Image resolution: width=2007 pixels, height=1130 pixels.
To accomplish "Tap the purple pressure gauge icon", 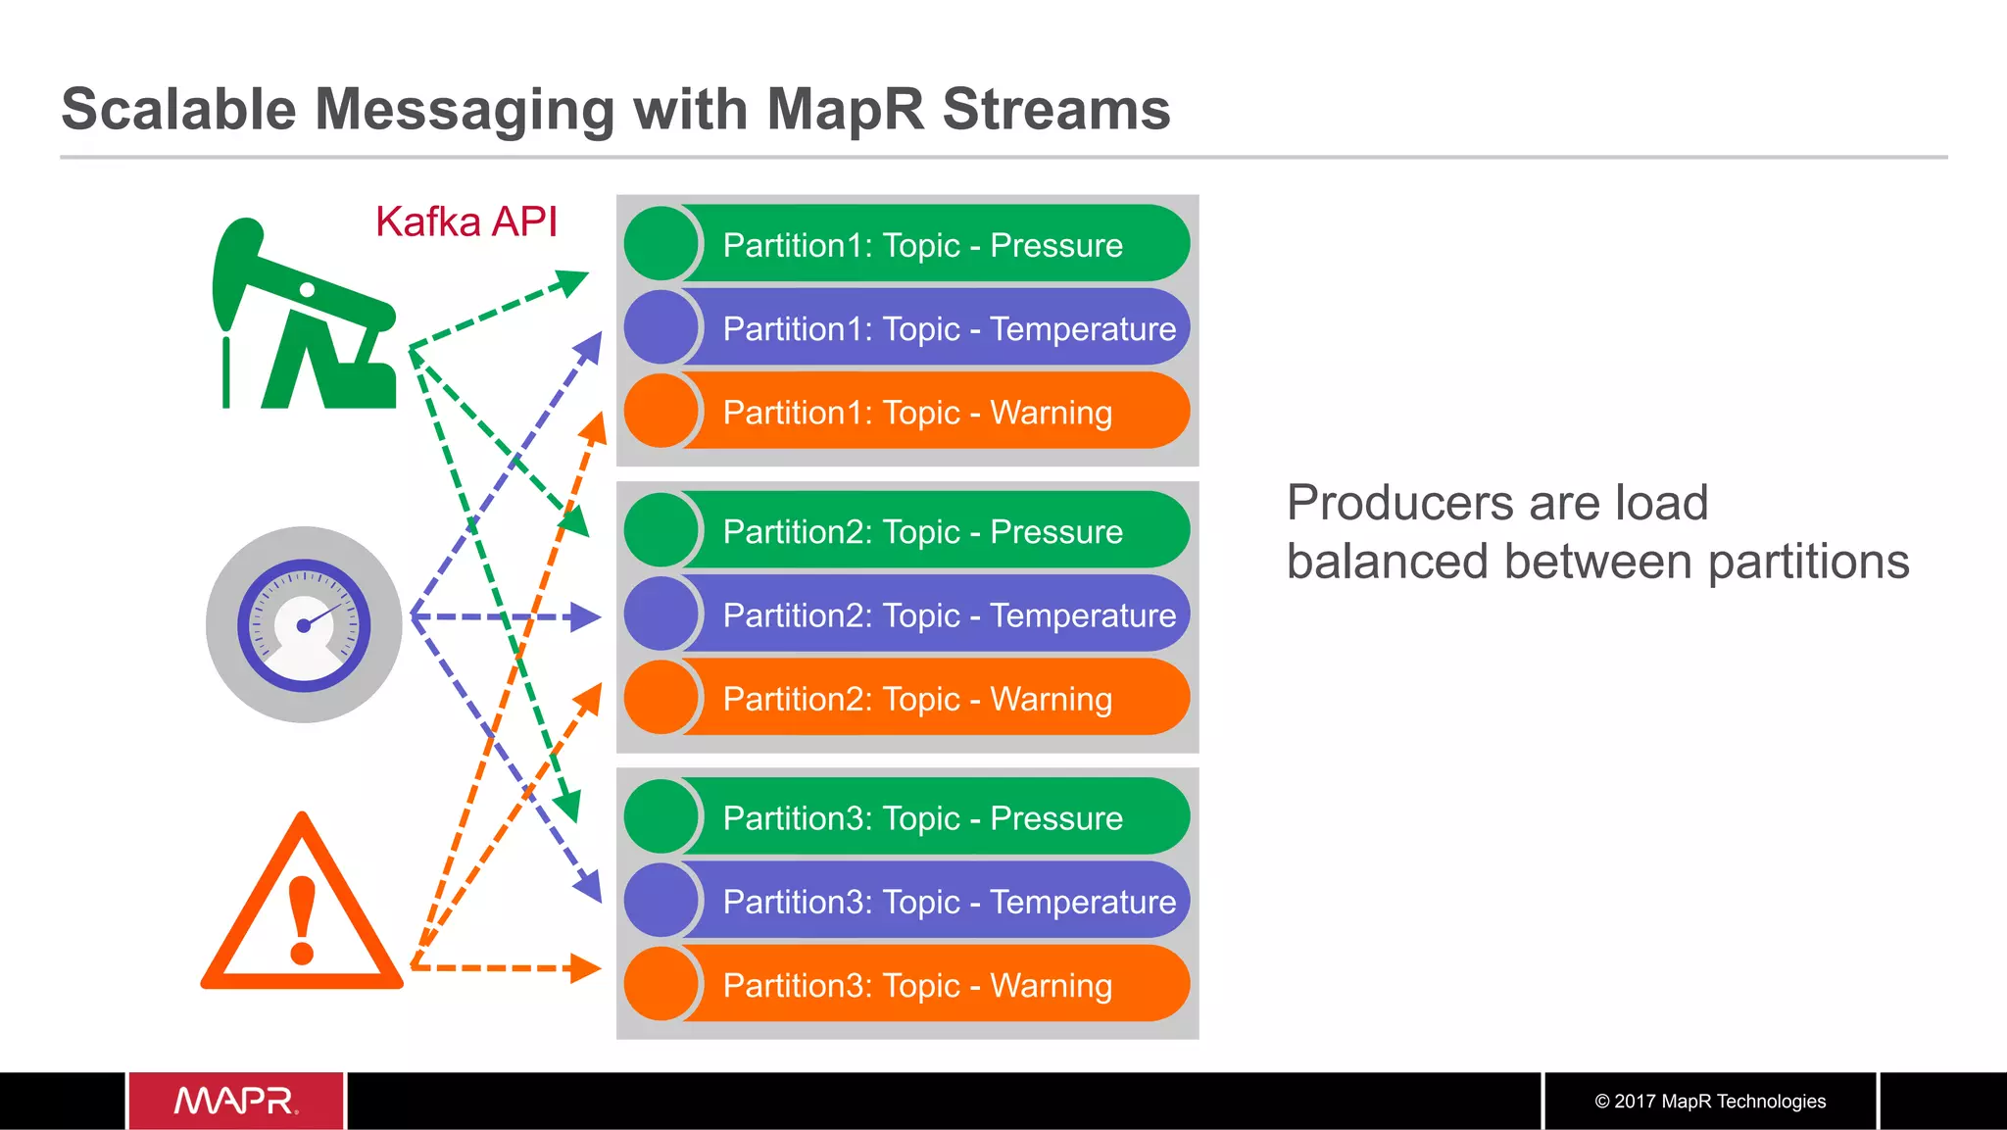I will tap(304, 624).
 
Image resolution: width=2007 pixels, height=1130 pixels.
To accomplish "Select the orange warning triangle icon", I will tap(302, 907).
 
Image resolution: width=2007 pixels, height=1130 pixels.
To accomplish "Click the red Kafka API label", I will tap(465, 222).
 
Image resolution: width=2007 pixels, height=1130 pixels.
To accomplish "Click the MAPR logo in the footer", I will tap(236, 1101).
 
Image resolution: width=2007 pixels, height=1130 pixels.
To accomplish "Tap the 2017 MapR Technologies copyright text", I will tap(1710, 1101).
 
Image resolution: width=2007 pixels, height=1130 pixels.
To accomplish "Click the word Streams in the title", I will tap(1055, 109).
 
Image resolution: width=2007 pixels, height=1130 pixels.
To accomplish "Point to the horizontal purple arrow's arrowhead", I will tap(587, 616).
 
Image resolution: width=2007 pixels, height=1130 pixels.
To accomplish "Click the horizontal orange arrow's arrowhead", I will tap(587, 968).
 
